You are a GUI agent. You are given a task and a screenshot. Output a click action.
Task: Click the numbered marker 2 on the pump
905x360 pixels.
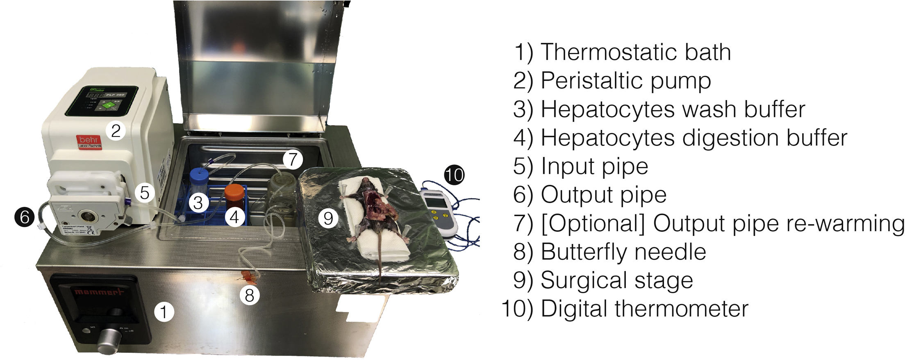tap(116, 131)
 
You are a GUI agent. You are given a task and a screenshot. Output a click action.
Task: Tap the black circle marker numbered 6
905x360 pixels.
tap(24, 216)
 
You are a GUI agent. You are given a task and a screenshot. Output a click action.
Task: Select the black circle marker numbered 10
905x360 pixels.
tap(454, 175)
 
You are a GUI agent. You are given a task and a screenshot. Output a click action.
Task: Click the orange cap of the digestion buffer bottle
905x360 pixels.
tap(234, 191)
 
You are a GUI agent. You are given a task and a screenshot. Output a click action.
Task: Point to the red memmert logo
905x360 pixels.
tap(99, 292)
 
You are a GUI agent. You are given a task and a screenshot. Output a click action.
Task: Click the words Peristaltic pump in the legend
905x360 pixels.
tap(625, 81)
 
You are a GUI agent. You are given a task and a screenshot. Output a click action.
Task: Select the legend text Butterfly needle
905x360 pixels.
tap(623, 252)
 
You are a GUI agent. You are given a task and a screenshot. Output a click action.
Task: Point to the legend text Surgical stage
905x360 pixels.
tap(616, 280)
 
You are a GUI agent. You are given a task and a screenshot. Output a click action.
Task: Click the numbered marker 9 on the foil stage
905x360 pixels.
tap(328, 218)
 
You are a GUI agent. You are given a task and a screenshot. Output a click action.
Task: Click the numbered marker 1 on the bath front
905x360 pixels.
tap(164, 312)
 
